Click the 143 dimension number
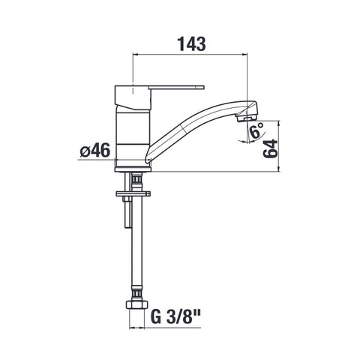click(x=192, y=43)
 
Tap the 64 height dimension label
click(x=270, y=148)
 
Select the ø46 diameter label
click(x=95, y=150)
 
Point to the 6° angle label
click(x=256, y=130)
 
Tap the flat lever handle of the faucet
click(x=176, y=87)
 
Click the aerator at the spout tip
click(x=245, y=118)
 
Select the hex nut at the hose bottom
click(x=136, y=305)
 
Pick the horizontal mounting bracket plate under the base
click(x=133, y=193)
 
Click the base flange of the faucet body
click(x=133, y=169)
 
